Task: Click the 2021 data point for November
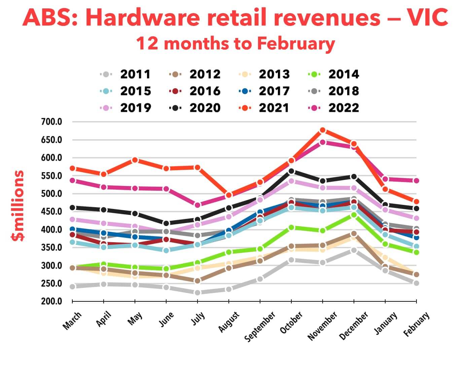point(323,130)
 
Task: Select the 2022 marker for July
point(197,205)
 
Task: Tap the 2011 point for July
point(197,293)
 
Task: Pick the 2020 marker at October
point(291,171)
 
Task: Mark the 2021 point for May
point(135,160)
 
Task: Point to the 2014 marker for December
point(354,215)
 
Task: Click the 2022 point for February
point(416,181)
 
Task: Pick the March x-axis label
point(72,321)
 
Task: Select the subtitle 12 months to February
point(235,43)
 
